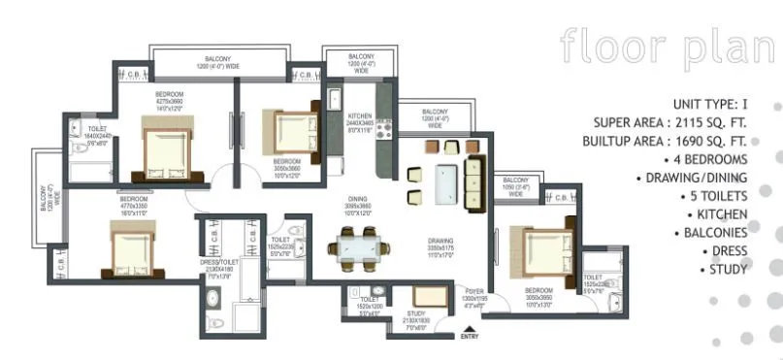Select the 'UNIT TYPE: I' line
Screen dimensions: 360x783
[x=713, y=104]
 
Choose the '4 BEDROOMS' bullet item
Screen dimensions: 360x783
[x=706, y=159]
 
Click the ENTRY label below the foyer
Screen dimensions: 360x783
[x=470, y=337]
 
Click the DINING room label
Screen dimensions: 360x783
[x=359, y=201]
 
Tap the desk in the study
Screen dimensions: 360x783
[x=425, y=296]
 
